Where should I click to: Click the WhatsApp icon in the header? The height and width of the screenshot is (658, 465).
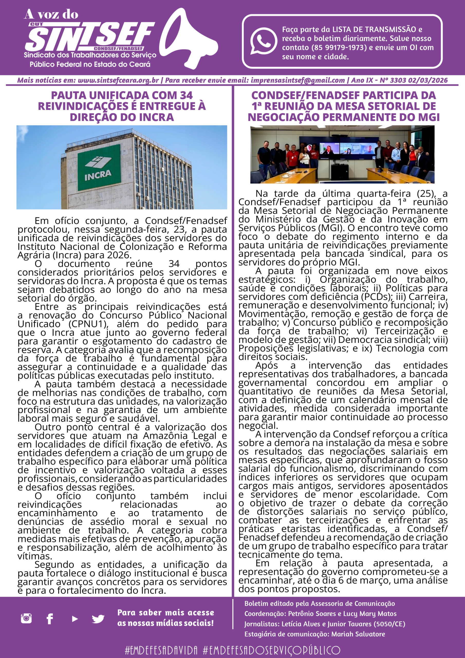263,41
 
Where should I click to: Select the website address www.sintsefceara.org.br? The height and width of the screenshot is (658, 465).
118,80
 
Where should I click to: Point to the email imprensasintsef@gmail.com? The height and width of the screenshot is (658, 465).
298,80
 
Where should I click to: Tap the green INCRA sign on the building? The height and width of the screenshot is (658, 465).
99,167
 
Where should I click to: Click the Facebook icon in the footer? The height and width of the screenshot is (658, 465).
50,619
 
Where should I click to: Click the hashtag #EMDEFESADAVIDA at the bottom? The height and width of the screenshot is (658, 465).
161,650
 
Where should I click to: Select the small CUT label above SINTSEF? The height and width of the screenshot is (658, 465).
36,24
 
